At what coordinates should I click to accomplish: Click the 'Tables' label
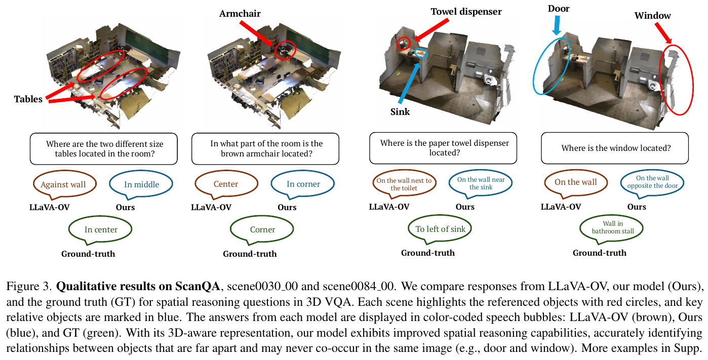(x=28, y=99)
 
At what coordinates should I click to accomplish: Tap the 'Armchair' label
(x=240, y=14)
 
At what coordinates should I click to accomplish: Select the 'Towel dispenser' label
(x=465, y=11)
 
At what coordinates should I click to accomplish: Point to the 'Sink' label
(x=399, y=111)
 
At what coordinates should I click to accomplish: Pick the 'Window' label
(x=652, y=16)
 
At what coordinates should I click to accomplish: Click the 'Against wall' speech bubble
(x=63, y=184)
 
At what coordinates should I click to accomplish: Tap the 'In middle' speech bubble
(x=141, y=184)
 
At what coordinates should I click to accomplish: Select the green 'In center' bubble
(x=101, y=229)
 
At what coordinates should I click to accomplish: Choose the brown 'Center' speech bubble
(x=226, y=184)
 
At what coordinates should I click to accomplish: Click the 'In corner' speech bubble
(x=303, y=184)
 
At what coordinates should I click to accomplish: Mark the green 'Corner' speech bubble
(x=262, y=229)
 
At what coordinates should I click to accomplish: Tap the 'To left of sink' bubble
(x=440, y=229)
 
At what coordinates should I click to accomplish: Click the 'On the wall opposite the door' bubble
(x=652, y=182)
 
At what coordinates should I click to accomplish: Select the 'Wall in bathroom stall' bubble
(x=612, y=227)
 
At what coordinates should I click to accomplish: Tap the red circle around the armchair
(x=285, y=50)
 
